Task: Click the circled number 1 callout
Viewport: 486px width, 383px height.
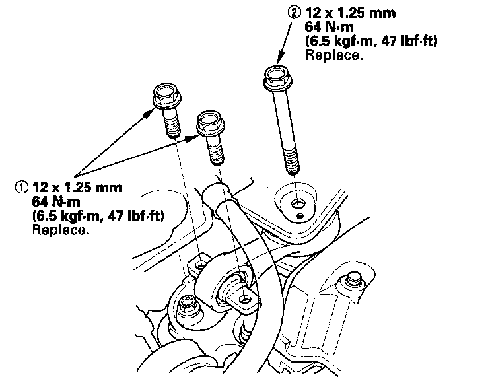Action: (x=20, y=187)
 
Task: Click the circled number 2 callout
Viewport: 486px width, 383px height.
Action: (x=293, y=12)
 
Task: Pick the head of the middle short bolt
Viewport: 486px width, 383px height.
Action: (x=211, y=122)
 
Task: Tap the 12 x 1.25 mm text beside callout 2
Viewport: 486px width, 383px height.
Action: (x=345, y=12)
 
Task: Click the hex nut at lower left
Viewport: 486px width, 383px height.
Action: (x=187, y=305)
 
